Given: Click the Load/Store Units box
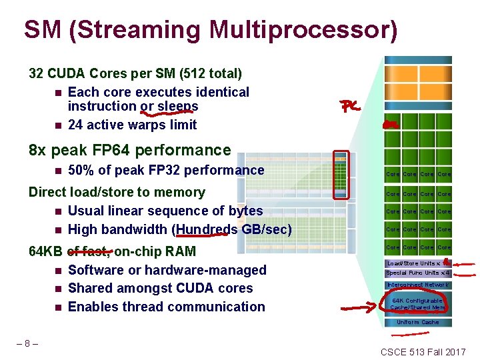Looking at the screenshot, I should coord(417,263).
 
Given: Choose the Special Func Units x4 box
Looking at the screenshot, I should coord(418,273).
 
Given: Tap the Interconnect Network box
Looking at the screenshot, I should coord(418,285).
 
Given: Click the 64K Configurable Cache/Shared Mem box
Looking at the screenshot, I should coord(418,304).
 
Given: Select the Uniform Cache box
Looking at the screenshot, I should coord(418,322).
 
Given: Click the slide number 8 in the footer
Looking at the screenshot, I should coord(27,344).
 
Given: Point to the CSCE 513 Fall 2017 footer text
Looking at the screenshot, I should coord(423,351).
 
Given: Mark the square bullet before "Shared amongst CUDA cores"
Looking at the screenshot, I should coord(58,289).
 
